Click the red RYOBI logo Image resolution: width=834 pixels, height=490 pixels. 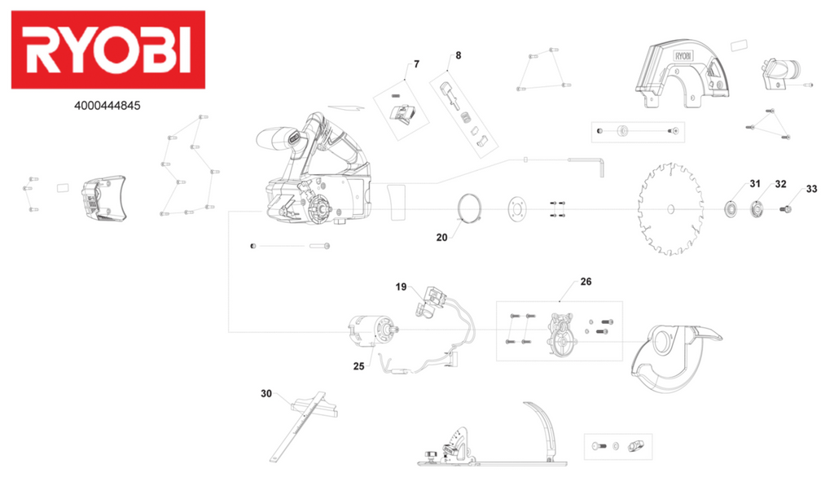click(x=108, y=50)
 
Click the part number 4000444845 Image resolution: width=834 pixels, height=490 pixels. click(x=108, y=106)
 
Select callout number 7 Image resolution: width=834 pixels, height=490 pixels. click(x=416, y=64)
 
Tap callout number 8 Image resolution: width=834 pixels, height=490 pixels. click(x=458, y=55)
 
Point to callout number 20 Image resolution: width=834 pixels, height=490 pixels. click(x=441, y=238)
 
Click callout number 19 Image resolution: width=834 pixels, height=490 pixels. click(x=401, y=287)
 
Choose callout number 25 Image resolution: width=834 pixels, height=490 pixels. click(x=359, y=366)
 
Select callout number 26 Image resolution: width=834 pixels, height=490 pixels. click(x=586, y=282)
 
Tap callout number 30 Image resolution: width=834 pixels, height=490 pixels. click(x=266, y=394)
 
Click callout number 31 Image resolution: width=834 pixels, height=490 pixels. click(x=755, y=184)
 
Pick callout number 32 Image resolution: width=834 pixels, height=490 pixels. click(x=780, y=184)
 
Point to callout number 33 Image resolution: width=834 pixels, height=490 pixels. click(x=811, y=189)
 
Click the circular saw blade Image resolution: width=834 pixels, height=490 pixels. click(x=670, y=209)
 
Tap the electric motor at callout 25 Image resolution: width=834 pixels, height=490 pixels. click(x=372, y=330)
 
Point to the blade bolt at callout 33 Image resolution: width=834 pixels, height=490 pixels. click(x=788, y=209)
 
